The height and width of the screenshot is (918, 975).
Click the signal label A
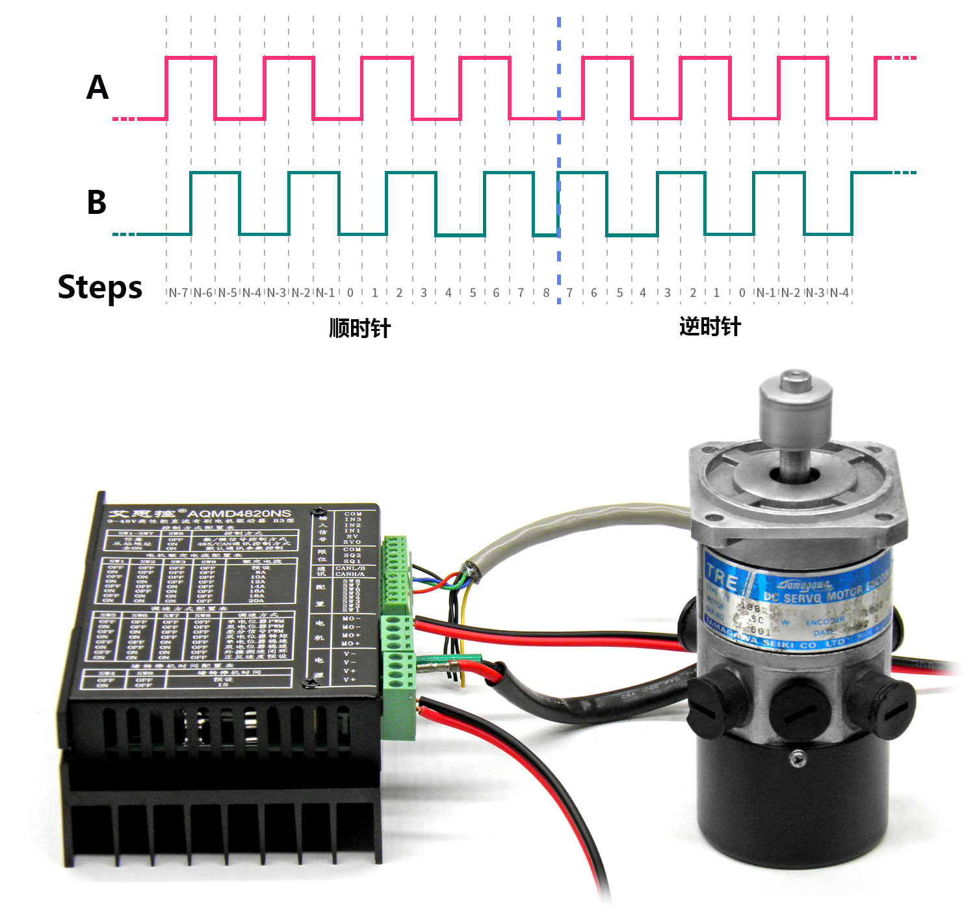tap(97, 87)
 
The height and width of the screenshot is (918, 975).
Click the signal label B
tap(97, 202)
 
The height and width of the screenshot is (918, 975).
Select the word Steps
tap(99, 287)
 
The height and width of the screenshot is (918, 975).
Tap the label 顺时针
tap(359, 328)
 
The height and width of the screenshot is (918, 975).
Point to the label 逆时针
tap(710, 326)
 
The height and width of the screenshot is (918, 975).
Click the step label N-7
tap(178, 293)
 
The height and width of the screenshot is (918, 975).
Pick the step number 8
tap(546, 293)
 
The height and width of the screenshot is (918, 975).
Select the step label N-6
tap(203, 293)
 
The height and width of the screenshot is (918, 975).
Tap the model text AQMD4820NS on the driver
tap(239, 514)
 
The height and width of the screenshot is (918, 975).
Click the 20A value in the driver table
tap(257, 601)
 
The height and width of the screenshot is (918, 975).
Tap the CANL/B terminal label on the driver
tap(350, 568)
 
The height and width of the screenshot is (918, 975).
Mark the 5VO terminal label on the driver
tap(352, 542)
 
